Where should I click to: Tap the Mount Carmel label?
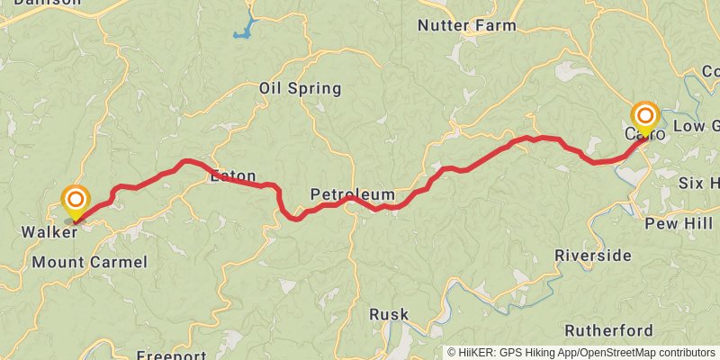coord(88,262)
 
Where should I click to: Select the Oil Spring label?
coord(300,88)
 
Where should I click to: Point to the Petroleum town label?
coord(352,194)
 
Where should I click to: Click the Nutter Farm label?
coord(466,25)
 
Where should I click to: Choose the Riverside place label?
coord(593,255)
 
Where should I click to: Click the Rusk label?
coord(389,314)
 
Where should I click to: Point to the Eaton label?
coord(233,176)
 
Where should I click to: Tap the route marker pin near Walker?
coord(76,200)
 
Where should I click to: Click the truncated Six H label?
coord(698,183)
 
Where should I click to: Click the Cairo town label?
coord(644,135)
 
